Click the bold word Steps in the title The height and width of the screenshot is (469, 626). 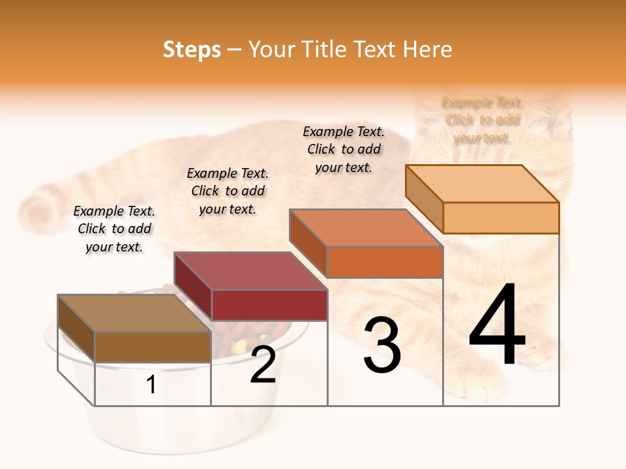(192, 50)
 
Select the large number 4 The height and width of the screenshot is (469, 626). (498, 326)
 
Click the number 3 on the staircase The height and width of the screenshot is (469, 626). (382, 346)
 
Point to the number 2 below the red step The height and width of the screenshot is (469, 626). (263, 365)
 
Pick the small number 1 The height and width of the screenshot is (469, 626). (151, 385)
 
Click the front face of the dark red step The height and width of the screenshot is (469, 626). (269, 305)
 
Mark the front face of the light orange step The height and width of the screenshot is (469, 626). (501, 218)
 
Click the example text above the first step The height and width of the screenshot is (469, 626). (114, 229)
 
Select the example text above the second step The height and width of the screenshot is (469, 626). (228, 191)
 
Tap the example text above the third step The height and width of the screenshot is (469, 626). (344, 149)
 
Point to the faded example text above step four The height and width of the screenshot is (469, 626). (483, 120)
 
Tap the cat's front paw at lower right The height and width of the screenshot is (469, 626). (544, 355)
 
